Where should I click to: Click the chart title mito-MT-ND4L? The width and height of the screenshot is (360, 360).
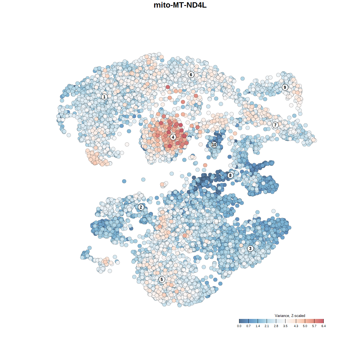tap(180, 5)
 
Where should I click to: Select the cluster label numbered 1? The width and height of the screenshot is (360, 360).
tap(104, 97)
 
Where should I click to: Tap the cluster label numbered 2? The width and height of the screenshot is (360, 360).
tap(141, 207)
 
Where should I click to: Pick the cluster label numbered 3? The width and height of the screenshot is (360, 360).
tap(250, 248)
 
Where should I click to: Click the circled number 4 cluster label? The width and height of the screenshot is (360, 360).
tap(173, 137)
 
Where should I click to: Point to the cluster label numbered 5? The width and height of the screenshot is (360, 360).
tap(162, 279)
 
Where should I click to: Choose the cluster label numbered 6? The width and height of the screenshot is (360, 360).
tap(191, 75)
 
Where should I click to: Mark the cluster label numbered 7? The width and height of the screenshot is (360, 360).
tap(275, 125)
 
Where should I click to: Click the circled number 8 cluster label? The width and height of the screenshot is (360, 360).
tap(230, 175)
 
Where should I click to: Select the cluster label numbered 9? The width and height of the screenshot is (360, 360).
tap(285, 87)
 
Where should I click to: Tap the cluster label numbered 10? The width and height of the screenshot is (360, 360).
tap(214, 145)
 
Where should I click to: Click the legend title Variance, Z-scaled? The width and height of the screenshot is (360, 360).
tap(290, 316)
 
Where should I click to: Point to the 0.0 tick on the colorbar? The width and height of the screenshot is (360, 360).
tap(239, 326)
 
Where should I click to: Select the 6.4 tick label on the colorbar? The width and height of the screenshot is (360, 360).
tap(323, 326)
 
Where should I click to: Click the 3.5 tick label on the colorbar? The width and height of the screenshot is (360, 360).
tap(285, 326)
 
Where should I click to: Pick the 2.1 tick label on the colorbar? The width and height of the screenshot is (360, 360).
tap(267, 326)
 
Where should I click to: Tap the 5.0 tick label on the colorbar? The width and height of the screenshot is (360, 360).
tap(305, 326)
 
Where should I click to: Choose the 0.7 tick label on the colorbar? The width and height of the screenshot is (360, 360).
tap(248, 326)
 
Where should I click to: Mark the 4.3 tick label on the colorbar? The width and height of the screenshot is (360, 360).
tap(296, 326)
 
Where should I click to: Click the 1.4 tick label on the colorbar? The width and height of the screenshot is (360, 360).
tap(258, 326)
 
